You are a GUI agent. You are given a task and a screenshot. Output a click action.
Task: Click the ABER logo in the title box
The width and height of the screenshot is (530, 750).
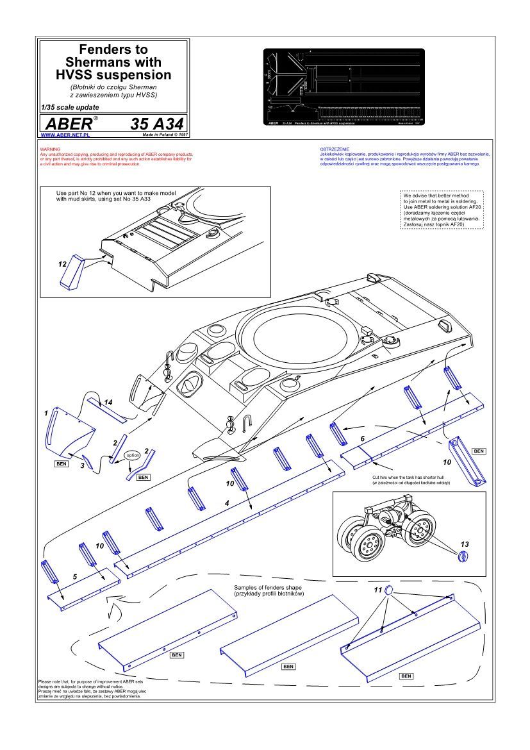[x=66, y=124]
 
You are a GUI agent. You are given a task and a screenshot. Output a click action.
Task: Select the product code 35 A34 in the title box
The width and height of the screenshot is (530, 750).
[x=157, y=124]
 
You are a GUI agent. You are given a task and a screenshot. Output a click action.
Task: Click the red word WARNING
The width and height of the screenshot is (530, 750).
[x=50, y=149]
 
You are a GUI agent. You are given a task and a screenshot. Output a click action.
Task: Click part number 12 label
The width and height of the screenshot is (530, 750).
[x=62, y=263]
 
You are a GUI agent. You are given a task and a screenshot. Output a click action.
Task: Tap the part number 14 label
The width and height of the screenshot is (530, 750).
[x=108, y=402]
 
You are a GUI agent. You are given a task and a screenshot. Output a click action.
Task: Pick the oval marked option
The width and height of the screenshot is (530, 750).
[x=133, y=454]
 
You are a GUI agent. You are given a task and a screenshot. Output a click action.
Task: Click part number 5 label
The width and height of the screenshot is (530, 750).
[x=75, y=577]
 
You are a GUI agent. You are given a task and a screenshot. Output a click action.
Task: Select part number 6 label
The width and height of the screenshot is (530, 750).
[x=362, y=438]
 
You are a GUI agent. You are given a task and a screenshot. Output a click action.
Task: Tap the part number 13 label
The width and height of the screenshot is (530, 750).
[x=465, y=544]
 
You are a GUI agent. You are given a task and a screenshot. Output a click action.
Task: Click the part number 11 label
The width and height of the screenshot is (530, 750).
[x=378, y=588]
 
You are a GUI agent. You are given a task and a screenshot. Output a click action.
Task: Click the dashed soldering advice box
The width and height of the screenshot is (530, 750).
[x=442, y=210]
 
